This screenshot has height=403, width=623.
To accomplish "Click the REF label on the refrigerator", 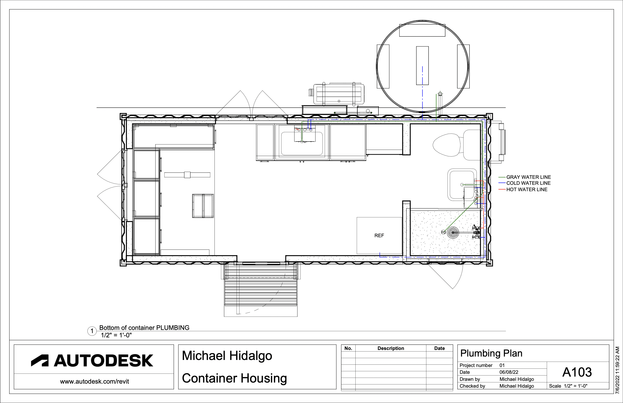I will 379,235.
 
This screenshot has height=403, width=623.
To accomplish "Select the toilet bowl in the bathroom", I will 446,145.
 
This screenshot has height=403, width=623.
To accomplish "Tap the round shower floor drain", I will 453,232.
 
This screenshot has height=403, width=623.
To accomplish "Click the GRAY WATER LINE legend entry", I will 528,177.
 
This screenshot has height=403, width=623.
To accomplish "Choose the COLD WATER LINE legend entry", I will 528,183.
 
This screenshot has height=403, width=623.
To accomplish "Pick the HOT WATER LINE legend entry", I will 527,189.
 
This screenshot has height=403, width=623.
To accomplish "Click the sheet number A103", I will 577,372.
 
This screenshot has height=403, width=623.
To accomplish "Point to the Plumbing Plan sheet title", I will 491,353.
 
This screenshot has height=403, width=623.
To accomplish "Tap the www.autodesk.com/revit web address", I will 94,381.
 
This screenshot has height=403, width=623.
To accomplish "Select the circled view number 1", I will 92,331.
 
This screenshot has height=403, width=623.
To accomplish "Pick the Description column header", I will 391,348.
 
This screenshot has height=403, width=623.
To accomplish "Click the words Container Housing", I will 234,378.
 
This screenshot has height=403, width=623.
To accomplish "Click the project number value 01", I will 502,365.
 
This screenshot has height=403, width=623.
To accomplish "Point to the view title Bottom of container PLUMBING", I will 144,328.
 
